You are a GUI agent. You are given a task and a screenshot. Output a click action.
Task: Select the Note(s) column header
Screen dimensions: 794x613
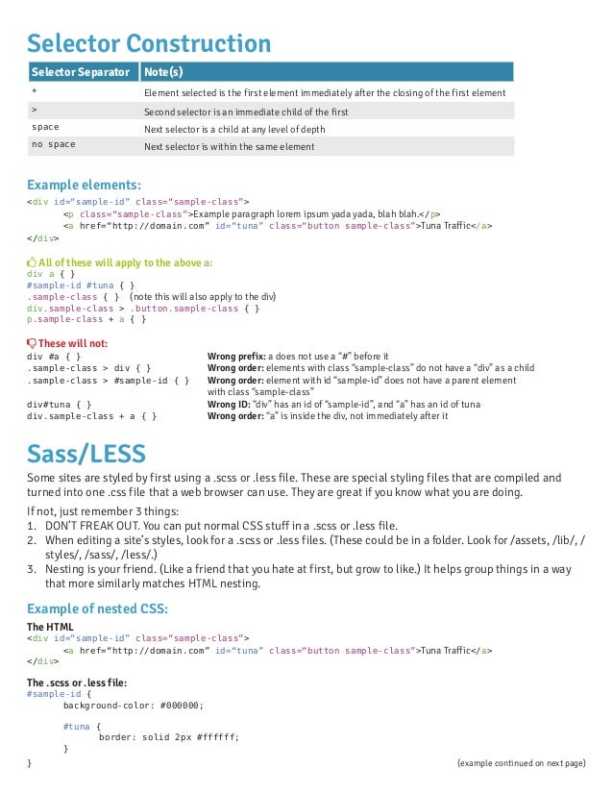click(x=163, y=73)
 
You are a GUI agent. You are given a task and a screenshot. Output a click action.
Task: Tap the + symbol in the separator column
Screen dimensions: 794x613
click(x=35, y=91)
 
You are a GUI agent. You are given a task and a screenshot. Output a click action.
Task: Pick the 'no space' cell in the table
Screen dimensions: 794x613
click(x=54, y=146)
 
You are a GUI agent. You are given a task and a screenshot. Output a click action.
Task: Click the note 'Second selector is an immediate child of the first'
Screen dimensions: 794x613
click(x=246, y=111)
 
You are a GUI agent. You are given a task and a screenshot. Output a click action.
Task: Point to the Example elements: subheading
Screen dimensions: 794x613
click(x=84, y=184)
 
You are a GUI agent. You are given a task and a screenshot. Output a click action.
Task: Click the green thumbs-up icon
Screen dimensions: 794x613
click(x=32, y=261)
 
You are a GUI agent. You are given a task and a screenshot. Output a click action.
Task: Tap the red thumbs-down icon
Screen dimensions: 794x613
click(x=32, y=343)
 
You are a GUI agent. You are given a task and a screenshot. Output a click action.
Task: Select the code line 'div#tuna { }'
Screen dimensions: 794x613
click(x=59, y=405)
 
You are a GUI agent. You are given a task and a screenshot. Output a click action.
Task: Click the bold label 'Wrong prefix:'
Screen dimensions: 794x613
click(x=236, y=356)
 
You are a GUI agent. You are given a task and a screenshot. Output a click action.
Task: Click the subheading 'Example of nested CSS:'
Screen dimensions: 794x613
click(x=97, y=608)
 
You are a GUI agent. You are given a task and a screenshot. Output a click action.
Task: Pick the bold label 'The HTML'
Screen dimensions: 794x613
click(x=50, y=626)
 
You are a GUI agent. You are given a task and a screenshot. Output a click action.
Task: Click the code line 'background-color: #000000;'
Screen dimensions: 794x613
click(x=134, y=703)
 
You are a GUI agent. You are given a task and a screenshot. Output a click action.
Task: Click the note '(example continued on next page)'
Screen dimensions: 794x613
click(x=521, y=762)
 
